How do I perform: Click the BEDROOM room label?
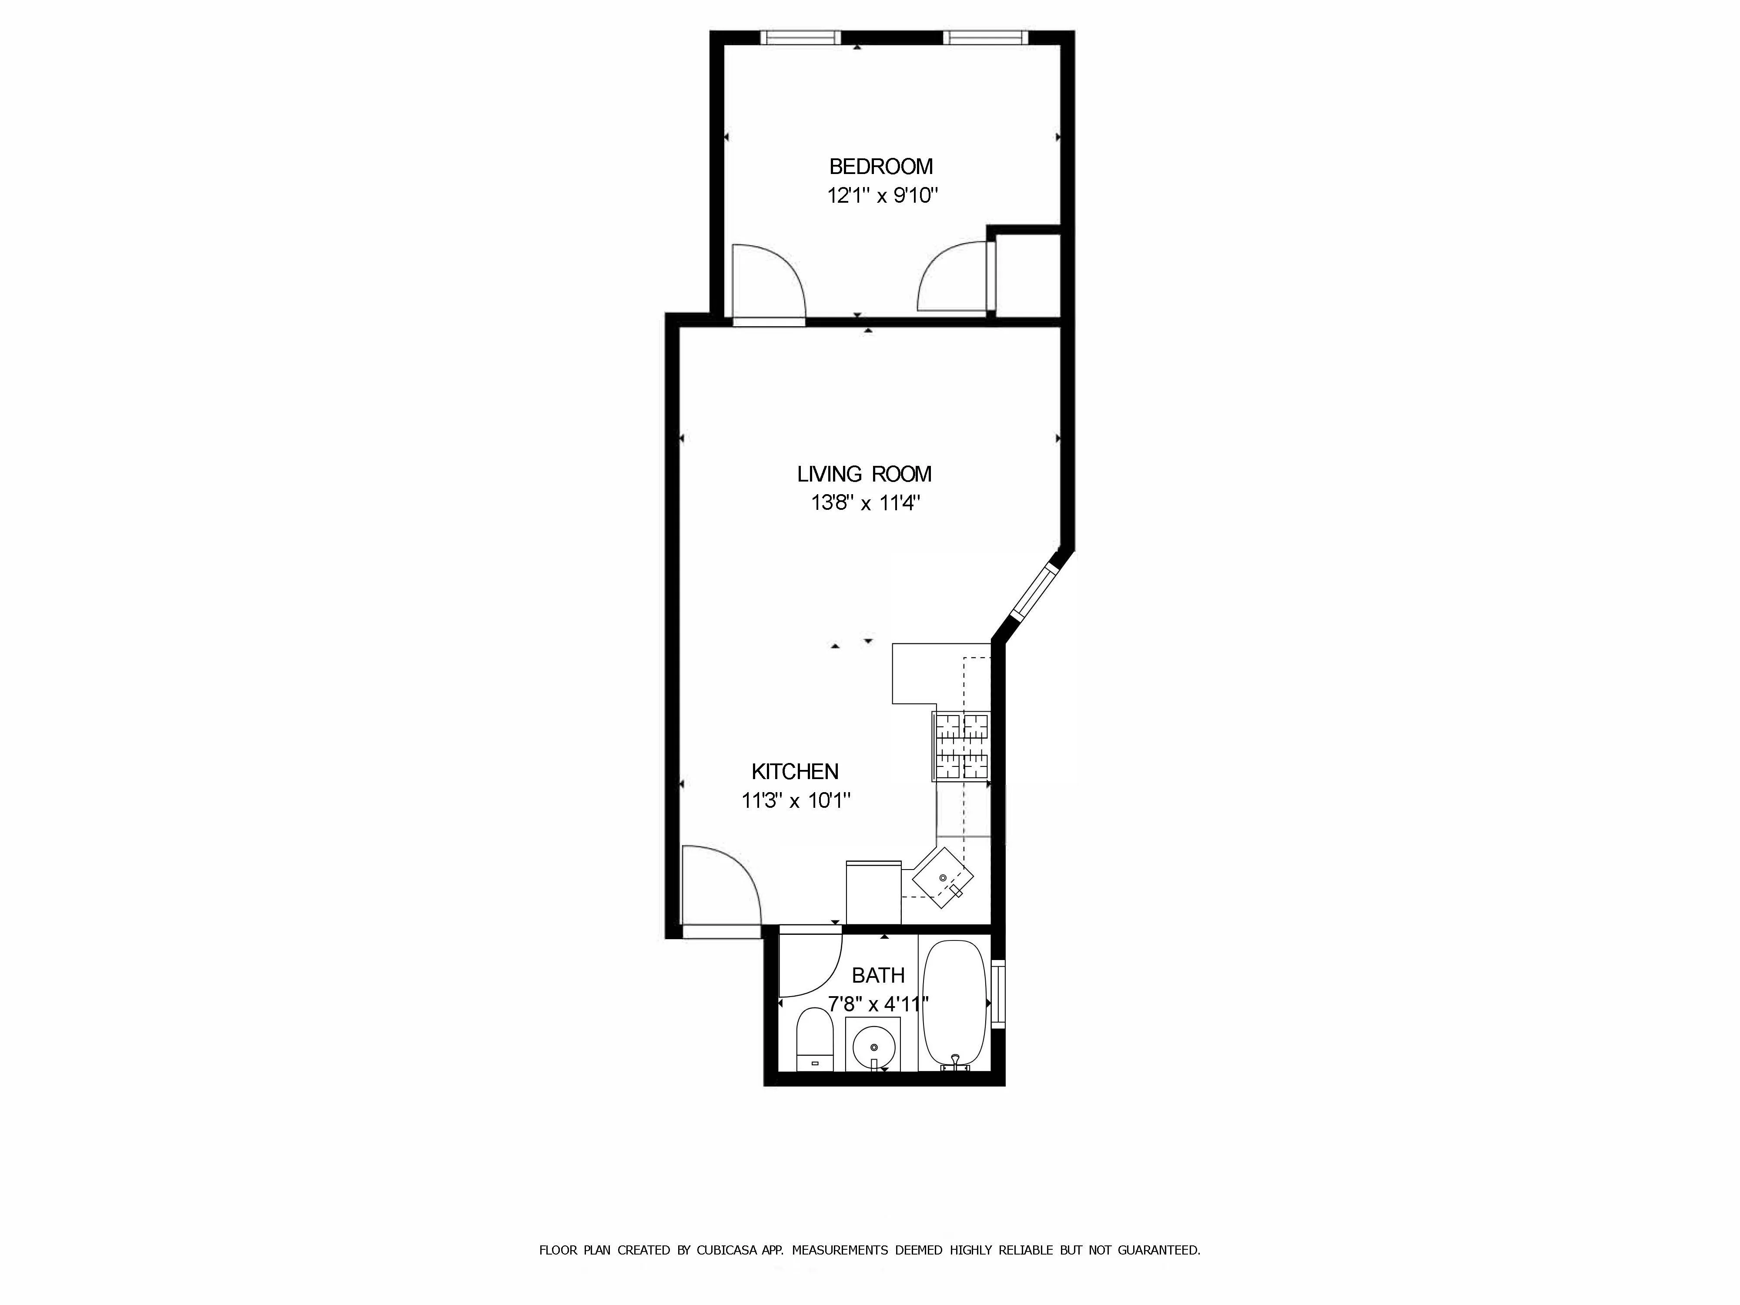[x=880, y=167]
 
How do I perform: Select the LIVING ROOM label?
[x=864, y=474]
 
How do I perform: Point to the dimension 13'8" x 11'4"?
[x=865, y=503]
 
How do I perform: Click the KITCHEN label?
[x=794, y=772]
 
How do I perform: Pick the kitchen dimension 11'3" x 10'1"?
[x=796, y=801]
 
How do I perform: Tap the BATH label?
[x=878, y=975]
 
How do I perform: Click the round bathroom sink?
[x=872, y=1047]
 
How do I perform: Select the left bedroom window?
[x=800, y=37]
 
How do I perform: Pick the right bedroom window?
[x=984, y=37]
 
